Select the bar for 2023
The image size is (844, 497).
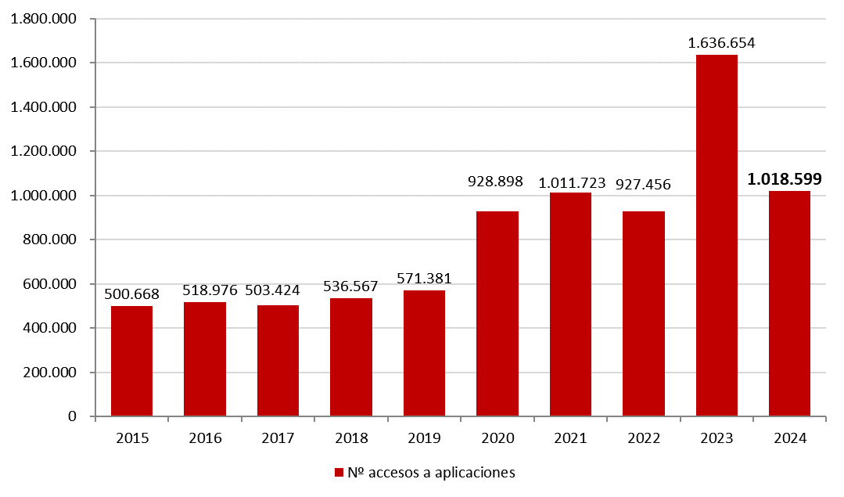click(717, 235)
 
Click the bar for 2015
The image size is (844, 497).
click(131, 361)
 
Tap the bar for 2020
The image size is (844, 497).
click(497, 313)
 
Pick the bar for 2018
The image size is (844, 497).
click(351, 357)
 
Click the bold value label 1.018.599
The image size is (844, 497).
click(789, 179)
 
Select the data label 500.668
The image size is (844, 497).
click(131, 294)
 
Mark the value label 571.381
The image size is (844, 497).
click(424, 279)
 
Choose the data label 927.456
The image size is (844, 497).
click(644, 185)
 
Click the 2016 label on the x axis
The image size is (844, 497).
click(205, 438)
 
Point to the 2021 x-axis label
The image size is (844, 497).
click(570, 438)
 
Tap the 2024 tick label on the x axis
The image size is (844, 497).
click(789, 438)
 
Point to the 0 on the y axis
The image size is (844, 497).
click(72, 416)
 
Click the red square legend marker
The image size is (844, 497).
click(339, 473)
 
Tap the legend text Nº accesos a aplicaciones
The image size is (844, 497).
click(431, 473)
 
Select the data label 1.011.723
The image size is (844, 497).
click(572, 183)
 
